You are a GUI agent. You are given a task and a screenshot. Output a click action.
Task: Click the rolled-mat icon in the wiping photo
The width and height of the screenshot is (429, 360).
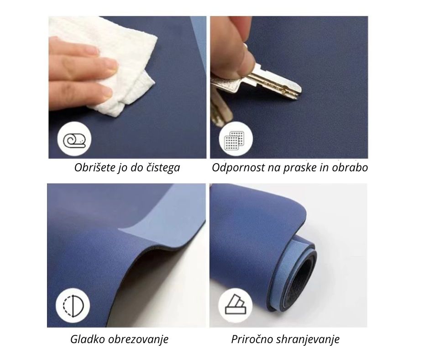pos(74,140)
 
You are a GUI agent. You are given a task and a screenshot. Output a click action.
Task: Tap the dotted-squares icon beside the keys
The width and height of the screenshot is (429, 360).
pos(236,140)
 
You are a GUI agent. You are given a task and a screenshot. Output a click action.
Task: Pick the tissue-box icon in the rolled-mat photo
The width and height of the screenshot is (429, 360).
pos(235,305)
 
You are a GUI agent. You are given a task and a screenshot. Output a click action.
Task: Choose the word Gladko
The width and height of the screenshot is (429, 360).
pos(88,339)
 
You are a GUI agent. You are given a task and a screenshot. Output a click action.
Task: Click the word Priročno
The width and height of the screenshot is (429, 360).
pos(252,339)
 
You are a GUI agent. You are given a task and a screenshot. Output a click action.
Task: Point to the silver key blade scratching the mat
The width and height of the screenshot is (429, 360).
pos(276,82)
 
